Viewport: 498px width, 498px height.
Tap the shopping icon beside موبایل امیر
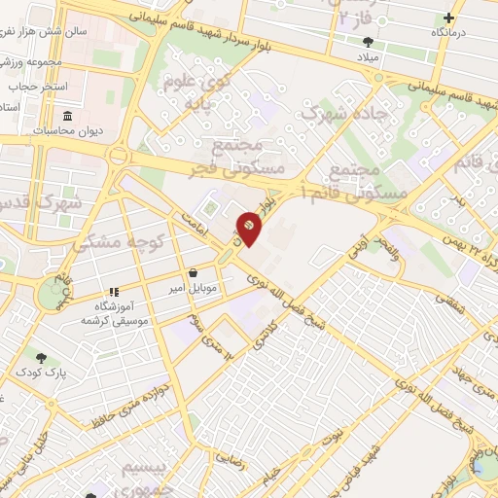click(196, 273)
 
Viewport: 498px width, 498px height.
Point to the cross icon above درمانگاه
click(448, 18)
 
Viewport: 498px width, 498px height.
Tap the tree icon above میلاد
click(368, 41)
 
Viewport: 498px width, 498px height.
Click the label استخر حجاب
click(39, 87)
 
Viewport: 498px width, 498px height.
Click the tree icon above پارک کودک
click(40, 357)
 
